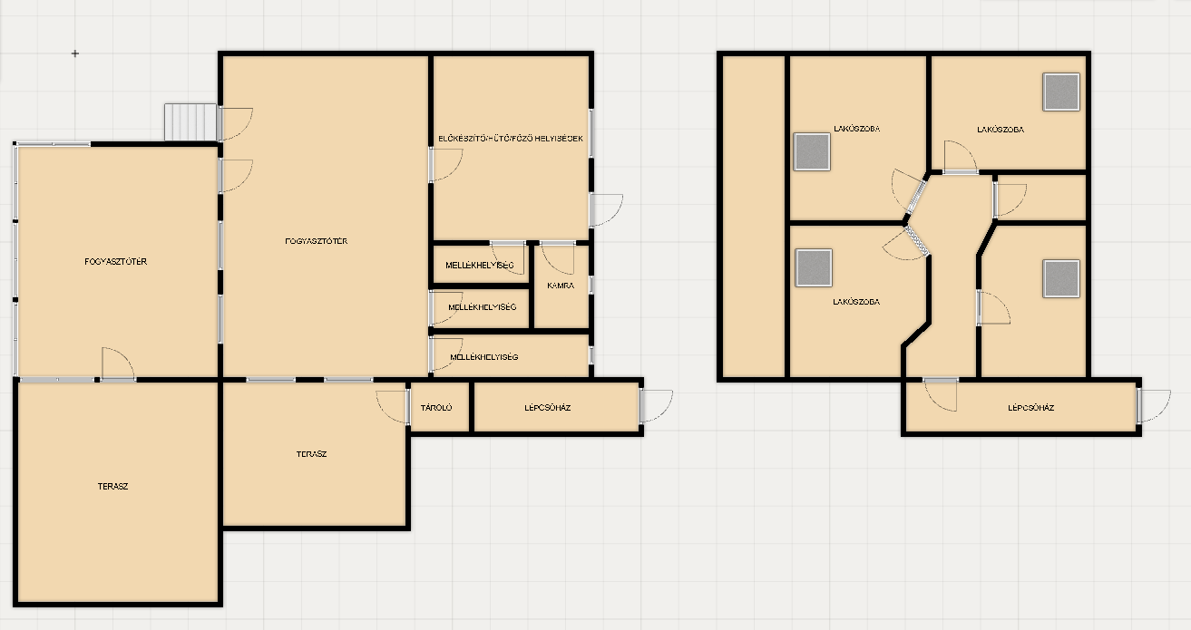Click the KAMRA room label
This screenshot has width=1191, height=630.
(561, 286)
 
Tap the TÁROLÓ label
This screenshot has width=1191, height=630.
(436, 407)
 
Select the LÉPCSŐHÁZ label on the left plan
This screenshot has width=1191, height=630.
(547, 407)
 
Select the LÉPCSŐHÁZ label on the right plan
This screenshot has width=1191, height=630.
(1030, 407)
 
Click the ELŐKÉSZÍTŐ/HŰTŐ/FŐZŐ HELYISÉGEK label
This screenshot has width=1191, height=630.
(511, 138)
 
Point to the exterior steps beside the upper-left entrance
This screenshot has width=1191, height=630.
(190, 122)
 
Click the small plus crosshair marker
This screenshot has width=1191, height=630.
(75, 53)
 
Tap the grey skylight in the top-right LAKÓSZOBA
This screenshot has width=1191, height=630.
(1061, 92)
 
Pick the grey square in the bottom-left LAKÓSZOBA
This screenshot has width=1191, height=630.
(814, 267)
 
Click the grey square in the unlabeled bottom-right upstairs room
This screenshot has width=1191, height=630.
(1061, 278)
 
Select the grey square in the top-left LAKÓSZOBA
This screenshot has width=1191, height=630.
(812, 151)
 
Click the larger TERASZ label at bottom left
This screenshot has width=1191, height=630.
(112, 486)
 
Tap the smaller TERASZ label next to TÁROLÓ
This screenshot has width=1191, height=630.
(311, 453)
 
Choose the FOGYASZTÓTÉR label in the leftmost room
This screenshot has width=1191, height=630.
(115, 261)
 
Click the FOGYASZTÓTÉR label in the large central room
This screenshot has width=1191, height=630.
(317, 240)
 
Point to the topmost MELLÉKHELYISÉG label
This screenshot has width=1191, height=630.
(480, 265)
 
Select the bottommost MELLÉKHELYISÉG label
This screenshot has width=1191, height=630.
(483, 357)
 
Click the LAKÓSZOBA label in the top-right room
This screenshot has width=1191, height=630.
(1001, 129)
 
